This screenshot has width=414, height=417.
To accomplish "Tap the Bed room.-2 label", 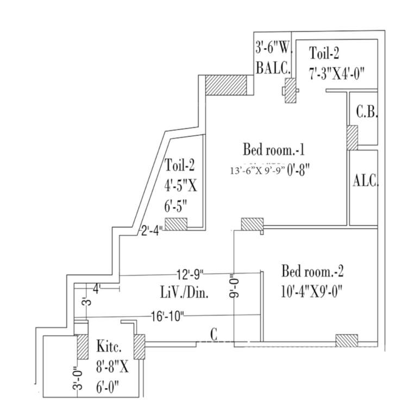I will (312, 270).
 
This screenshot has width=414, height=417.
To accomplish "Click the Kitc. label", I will (109, 346).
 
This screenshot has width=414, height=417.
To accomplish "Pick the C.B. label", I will (367, 113).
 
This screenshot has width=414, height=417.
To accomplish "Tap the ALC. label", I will (365, 181).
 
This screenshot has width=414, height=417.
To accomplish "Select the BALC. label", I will (273, 68).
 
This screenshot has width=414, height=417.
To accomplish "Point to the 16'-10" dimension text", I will (168, 315).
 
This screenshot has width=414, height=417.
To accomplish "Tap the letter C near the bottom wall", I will (214, 336).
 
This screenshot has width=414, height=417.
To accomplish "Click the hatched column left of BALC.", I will (226, 86).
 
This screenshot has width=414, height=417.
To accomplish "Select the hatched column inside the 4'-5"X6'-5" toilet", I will (176, 224).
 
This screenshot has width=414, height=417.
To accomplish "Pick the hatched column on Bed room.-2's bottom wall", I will (346, 340).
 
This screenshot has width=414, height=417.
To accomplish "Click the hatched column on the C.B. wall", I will (352, 138).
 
